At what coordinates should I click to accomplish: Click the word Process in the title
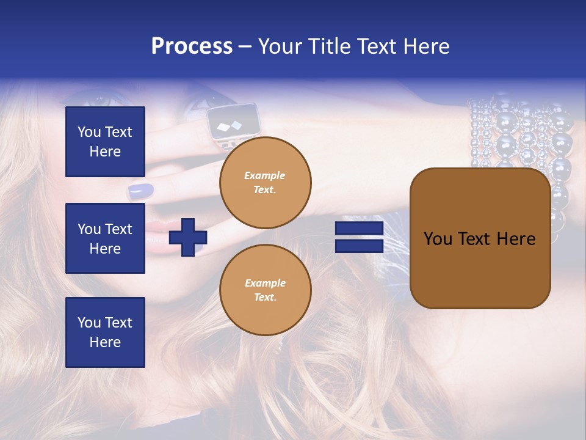[192, 46]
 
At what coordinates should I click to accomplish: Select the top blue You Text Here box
[105, 142]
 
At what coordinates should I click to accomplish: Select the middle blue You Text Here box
[105, 238]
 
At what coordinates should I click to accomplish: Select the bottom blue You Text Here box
[105, 332]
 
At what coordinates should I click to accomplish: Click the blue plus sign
[187, 237]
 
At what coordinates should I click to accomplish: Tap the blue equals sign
[359, 237]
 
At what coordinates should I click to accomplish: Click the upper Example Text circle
[265, 183]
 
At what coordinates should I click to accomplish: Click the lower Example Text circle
[265, 290]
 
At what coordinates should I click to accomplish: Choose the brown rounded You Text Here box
[480, 238]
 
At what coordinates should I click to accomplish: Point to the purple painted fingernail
[141, 191]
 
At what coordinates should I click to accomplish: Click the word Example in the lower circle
[265, 283]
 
